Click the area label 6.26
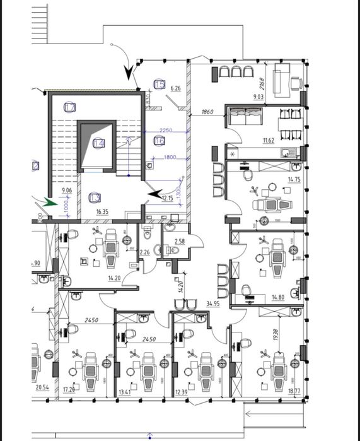tap(175, 89)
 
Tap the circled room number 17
tap(70, 108)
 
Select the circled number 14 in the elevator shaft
tap(98, 143)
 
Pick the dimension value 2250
tap(166, 131)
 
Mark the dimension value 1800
tap(170, 157)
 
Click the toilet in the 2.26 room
tap(148, 234)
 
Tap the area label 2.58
tap(179, 242)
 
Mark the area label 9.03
tap(258, 96)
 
